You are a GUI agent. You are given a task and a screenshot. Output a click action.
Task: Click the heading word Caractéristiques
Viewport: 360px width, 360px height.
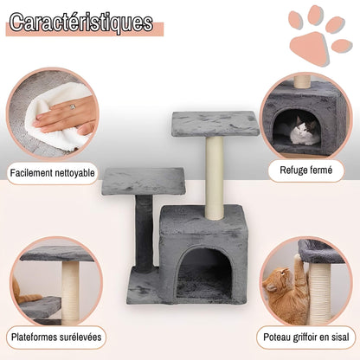82,22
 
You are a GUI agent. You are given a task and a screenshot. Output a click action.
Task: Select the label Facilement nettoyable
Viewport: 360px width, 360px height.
53,173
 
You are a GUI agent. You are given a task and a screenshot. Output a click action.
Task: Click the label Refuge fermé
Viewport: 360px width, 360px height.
306,170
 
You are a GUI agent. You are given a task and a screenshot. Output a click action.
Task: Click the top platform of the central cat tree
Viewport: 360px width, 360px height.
215,122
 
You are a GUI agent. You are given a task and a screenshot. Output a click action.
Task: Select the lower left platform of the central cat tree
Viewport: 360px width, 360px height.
144,180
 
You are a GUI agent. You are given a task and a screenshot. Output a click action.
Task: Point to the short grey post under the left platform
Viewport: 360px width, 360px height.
145,232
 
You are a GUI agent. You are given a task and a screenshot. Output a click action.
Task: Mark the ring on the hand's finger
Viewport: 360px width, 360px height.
71,107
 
